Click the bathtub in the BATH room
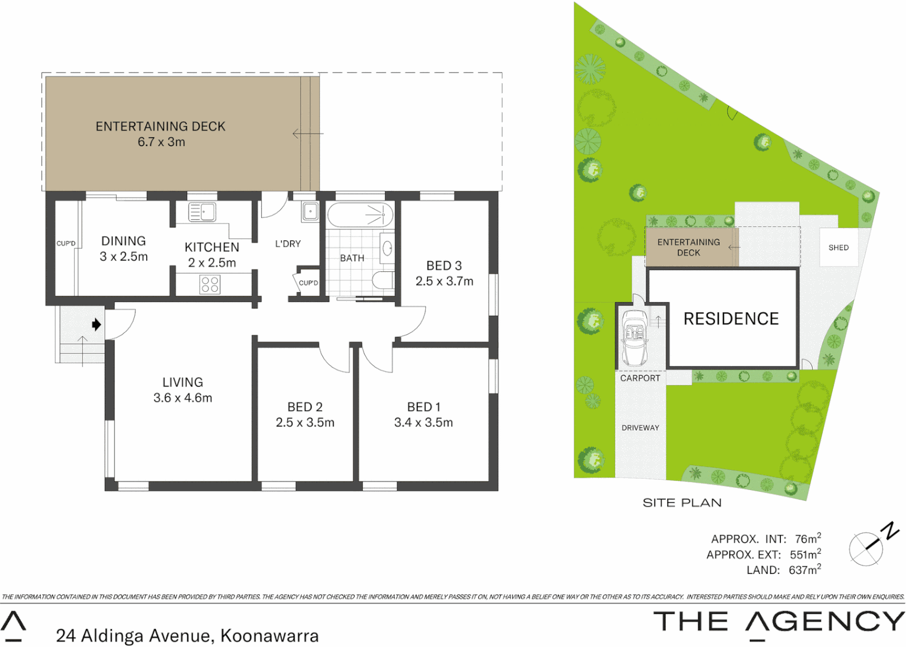(359, 214)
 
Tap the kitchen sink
(202, 212)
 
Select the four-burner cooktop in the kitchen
(210, 284)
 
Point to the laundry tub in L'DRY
(310, 211)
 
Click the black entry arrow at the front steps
(96, 325)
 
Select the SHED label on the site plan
(838, 247)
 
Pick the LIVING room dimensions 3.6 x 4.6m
(183, 398)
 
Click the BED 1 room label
(423, 407)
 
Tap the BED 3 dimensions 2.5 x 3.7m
(444, 281)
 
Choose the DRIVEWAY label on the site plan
(640, 428)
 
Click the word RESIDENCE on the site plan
(731, 319)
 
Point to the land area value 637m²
(804, 570)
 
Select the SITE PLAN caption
(682, 503)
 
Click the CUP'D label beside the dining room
(66, 243)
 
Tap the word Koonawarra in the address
(269, 636)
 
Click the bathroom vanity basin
(387, 248)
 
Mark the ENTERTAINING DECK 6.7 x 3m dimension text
(161, 142)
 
